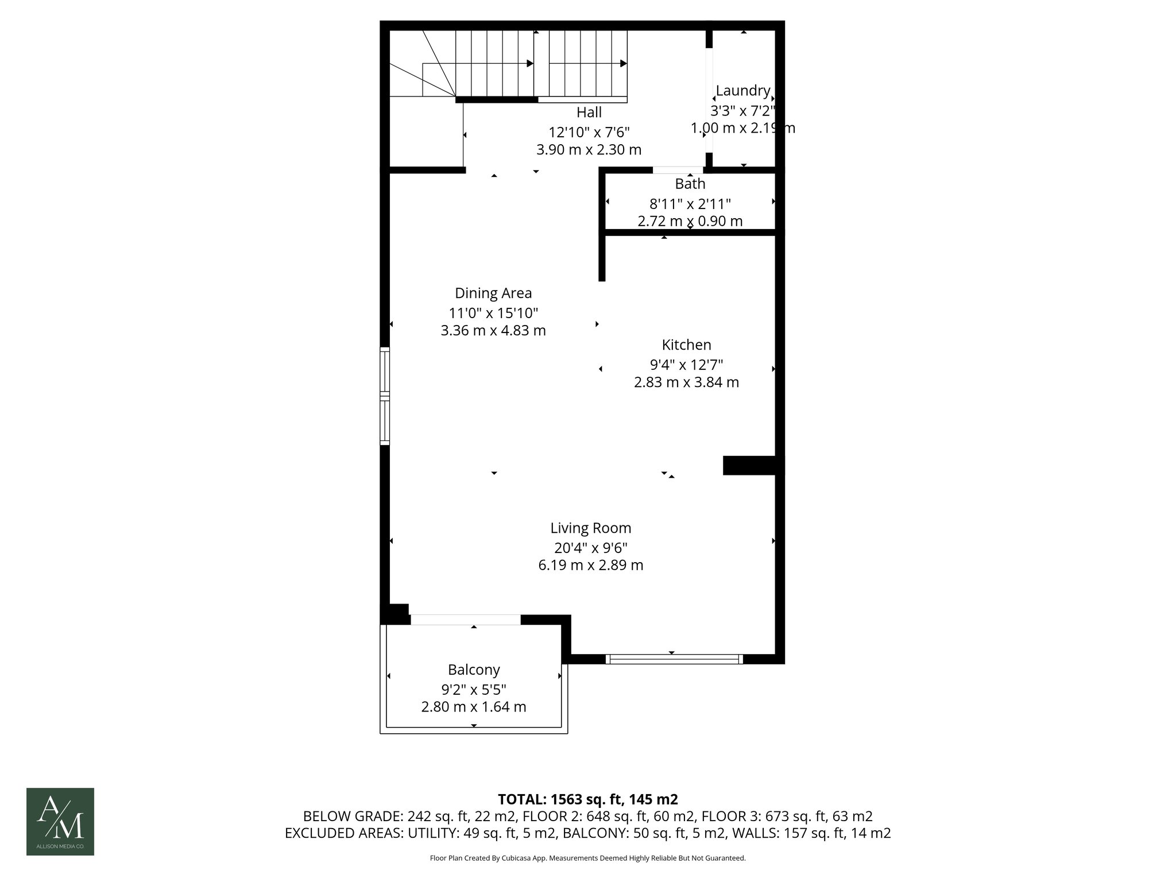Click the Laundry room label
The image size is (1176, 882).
742,91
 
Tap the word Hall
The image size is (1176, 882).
589,112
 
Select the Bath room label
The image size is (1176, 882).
690,184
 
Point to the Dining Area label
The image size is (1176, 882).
493,293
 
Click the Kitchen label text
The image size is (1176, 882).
686,345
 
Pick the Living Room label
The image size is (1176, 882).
590,528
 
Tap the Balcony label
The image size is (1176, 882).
474,670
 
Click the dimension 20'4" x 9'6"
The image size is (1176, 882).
590,548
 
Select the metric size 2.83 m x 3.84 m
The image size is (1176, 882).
686,382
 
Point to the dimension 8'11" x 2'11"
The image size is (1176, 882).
690,204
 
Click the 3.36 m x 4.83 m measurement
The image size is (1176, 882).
493,331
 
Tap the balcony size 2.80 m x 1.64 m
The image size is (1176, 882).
474,707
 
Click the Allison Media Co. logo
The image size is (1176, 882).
60,821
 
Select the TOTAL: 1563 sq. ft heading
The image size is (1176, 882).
587,799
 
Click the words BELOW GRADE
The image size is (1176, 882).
353,817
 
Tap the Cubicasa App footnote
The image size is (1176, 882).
587,858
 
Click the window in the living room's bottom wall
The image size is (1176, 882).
674,659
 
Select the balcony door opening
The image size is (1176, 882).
465,620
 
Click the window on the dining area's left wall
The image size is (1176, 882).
385,396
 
